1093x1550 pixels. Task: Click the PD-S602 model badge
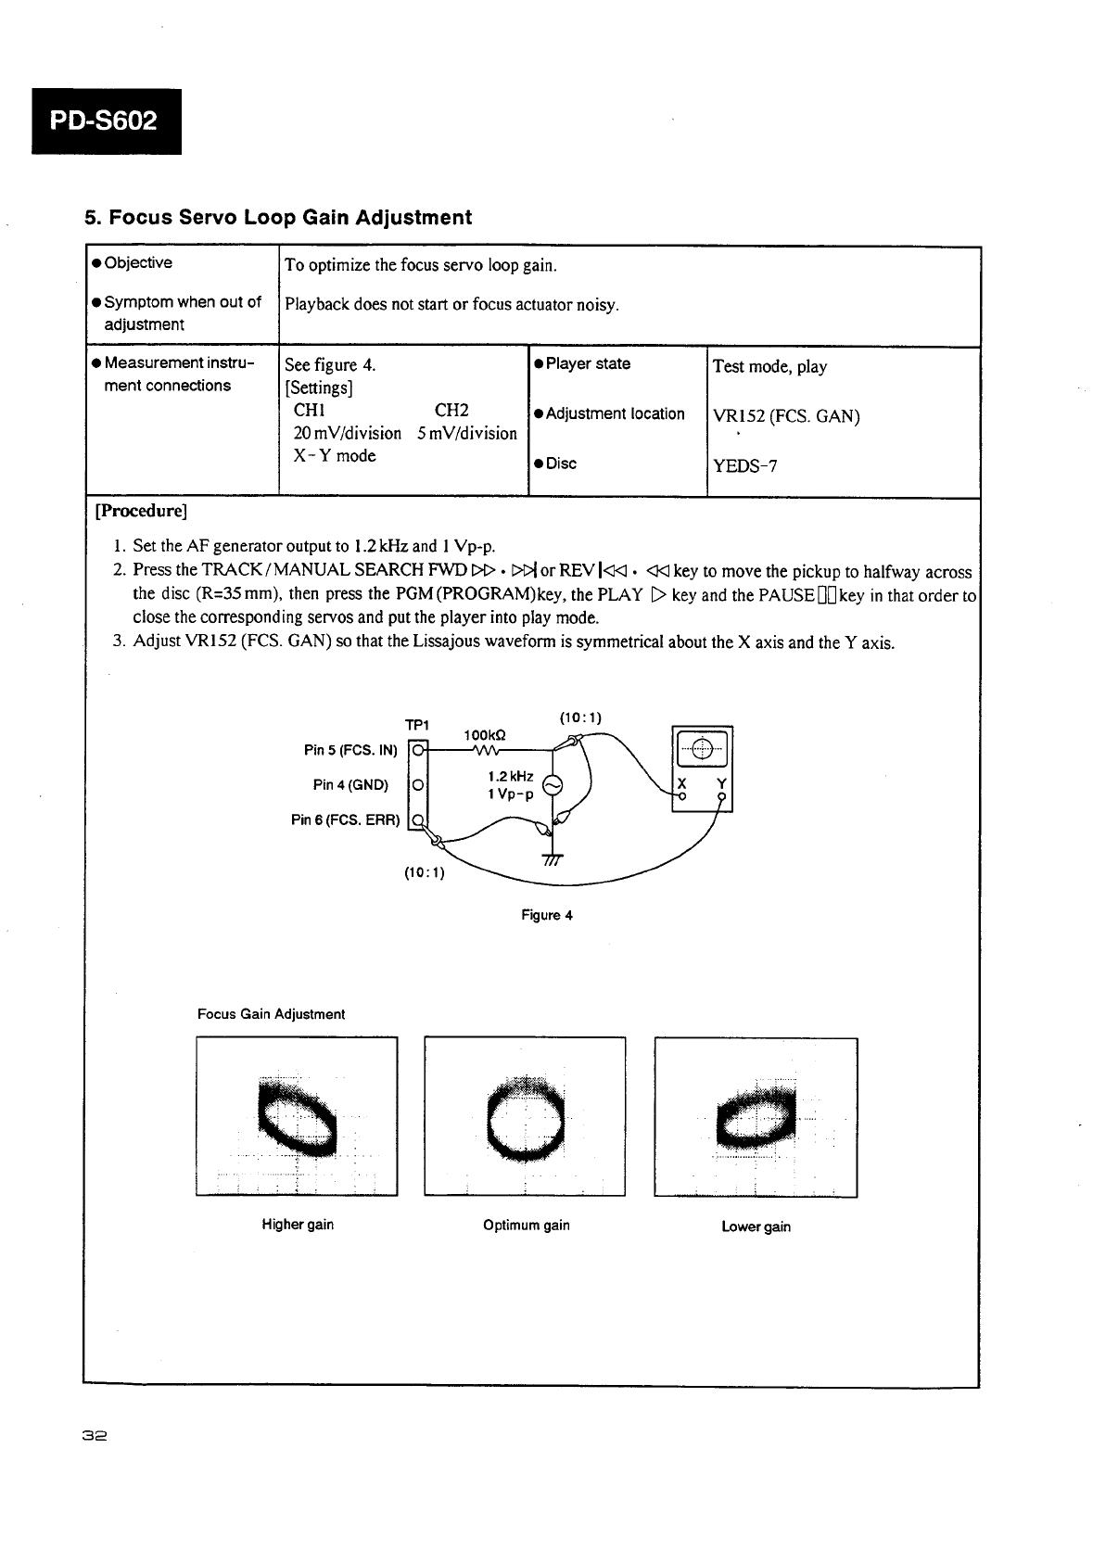click(107, 121)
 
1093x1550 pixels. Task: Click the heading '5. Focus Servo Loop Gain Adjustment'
click(278, 218)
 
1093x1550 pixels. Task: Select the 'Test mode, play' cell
click(769, 366)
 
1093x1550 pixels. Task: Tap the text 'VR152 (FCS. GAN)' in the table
click(785, 416)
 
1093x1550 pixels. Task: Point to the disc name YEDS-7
click(744, 465)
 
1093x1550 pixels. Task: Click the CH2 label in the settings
click(451, 410)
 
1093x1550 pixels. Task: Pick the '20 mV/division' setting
click(347, 433)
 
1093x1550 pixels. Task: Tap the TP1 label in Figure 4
click(416, 724)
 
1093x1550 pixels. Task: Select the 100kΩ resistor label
click(484, 735)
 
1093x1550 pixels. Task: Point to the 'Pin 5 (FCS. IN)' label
click(350, 750)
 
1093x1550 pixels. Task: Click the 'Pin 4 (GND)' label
click(350, 785)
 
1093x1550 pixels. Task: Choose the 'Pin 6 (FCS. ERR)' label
click(346, 820)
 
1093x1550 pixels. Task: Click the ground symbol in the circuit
click(552, 859)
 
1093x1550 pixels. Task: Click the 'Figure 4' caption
click(546, 915)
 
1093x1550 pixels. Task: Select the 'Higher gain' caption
click(298, 1225)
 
